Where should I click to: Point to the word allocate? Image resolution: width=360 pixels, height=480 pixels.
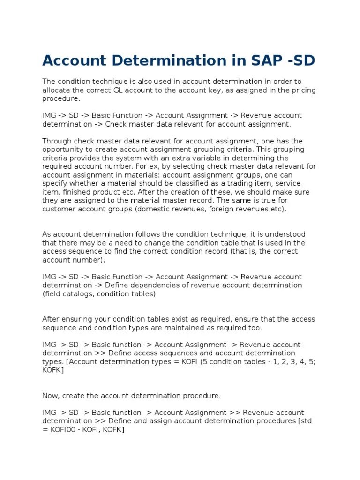point(56,90)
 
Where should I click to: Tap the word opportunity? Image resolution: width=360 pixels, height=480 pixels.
point(62,150)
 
